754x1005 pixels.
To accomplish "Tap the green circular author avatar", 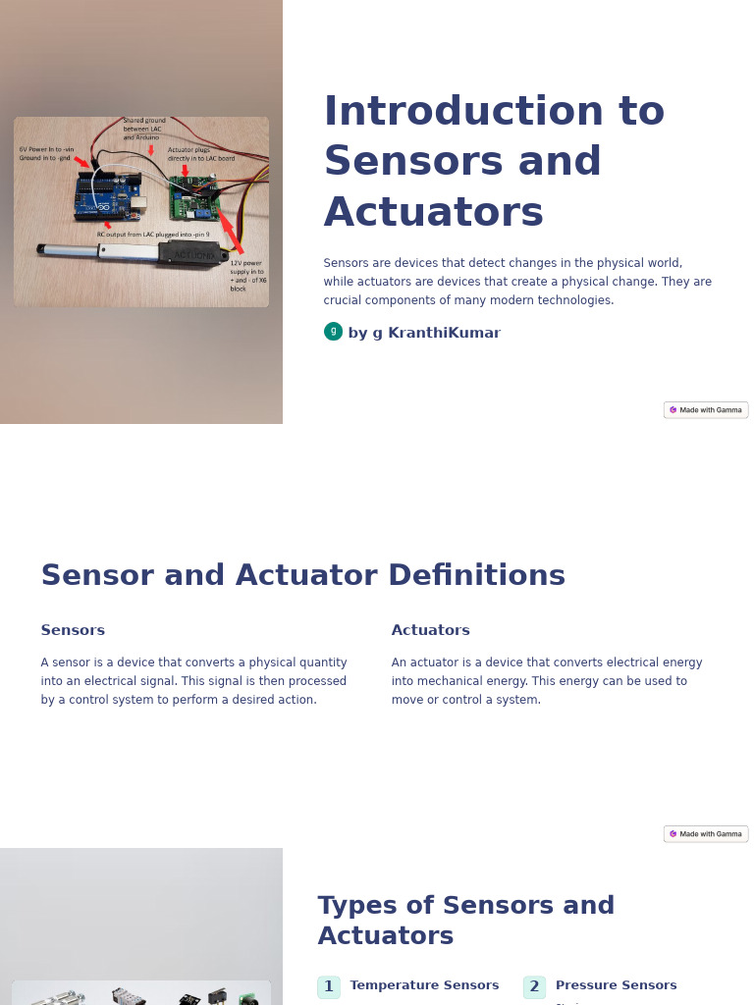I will [333, 332].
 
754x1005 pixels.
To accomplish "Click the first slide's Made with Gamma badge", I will [706, 410].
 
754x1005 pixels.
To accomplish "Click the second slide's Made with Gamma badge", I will [706, 834].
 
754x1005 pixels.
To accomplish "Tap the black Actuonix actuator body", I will [192, 255].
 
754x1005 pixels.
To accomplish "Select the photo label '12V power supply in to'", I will [246, 267].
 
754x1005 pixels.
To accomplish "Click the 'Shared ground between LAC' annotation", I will [142, 129].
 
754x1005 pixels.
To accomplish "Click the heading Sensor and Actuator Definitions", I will [302, 575].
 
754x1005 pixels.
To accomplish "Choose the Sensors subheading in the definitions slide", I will [73, 630].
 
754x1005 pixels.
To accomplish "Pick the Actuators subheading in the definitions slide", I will [430, 630].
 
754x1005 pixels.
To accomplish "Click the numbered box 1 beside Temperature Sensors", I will [329, 986].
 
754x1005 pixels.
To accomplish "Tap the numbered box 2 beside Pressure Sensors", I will [534, 986].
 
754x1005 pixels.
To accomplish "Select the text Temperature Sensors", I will [424, 985].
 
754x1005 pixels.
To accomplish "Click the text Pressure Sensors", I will [616, 985].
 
